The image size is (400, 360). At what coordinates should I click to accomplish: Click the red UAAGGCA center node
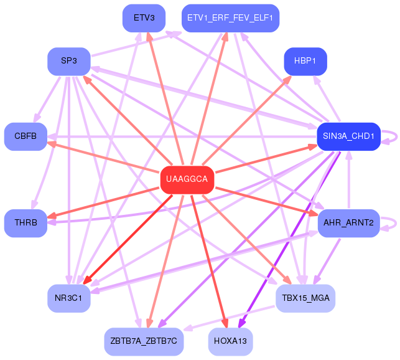coord(187,179)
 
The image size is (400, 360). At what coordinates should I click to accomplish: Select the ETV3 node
coord(144,17)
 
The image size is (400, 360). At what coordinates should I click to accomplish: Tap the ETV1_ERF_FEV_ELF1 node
coord(230,17)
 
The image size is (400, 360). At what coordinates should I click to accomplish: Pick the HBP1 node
coord(305,61)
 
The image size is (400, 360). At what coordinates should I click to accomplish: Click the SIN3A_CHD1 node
coord(348,136)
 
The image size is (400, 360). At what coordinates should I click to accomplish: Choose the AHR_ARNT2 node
coord(348,223)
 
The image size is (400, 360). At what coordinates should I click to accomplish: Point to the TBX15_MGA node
coord(305,298)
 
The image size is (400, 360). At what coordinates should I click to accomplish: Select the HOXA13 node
coord(230,341)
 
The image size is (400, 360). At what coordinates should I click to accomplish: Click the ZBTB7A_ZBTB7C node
coord(144,341)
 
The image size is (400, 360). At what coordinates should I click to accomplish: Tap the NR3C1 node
coord(69,298)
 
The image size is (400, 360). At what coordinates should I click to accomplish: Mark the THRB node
coord(26,223)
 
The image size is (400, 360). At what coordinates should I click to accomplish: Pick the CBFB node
coord(26,136)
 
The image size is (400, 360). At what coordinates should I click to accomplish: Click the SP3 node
coord(69,61)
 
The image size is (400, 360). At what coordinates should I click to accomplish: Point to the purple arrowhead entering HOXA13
coord(242,323)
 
